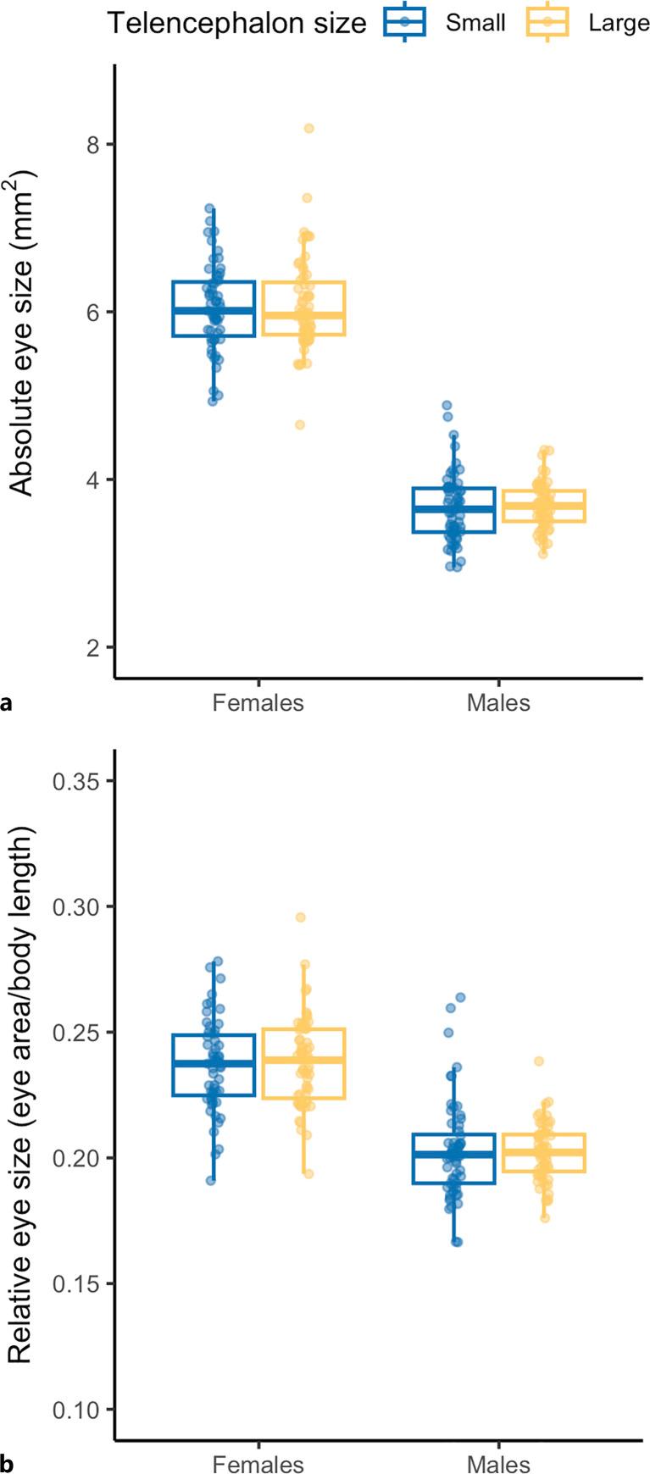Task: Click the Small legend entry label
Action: (475, 23)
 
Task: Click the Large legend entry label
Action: (619, 23)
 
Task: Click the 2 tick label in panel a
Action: (93, 647)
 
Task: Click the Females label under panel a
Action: (258, 703)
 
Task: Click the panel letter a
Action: (8, 703)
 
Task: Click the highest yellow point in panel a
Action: (309, 128)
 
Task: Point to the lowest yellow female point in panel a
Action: (300, 424)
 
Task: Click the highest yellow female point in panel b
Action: (300, 917)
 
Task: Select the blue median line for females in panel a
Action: (214, 310)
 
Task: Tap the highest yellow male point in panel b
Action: (538, 1061)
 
